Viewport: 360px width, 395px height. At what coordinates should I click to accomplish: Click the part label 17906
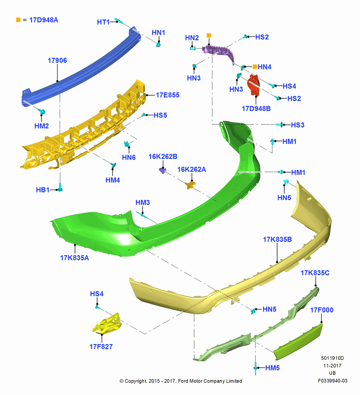(57, 60)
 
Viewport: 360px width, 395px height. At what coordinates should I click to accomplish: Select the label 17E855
(168, 95)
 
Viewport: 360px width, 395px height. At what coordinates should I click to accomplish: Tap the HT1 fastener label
(103, 22)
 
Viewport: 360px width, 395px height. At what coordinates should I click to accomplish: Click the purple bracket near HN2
(219, 53)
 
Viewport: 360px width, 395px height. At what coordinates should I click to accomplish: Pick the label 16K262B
(163, 156)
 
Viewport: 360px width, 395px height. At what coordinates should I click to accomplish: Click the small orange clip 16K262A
(190, 185)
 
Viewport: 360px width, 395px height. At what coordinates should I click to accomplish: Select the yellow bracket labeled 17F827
(107, 324)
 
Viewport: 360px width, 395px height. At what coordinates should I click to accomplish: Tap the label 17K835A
(75, 258)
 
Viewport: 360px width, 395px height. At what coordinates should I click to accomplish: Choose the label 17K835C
(315, 273)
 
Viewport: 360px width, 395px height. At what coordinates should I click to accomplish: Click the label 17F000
(322, 310)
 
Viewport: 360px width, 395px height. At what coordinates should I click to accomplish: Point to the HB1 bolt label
(43, 190)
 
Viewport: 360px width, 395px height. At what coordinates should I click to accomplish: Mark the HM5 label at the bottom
(272, 368)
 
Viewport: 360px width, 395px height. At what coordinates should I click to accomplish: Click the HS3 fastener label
(298, 125)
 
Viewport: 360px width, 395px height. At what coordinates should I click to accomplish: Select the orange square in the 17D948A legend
(18, 20)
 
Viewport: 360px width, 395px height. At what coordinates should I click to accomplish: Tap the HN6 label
(129, 158)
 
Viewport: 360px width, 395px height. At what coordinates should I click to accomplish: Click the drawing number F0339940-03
(332, 381)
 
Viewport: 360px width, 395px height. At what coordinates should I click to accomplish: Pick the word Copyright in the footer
(136, 381)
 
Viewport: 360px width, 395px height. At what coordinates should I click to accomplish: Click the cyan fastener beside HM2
(42, 111)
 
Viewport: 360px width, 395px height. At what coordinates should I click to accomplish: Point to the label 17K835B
(277, 239)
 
